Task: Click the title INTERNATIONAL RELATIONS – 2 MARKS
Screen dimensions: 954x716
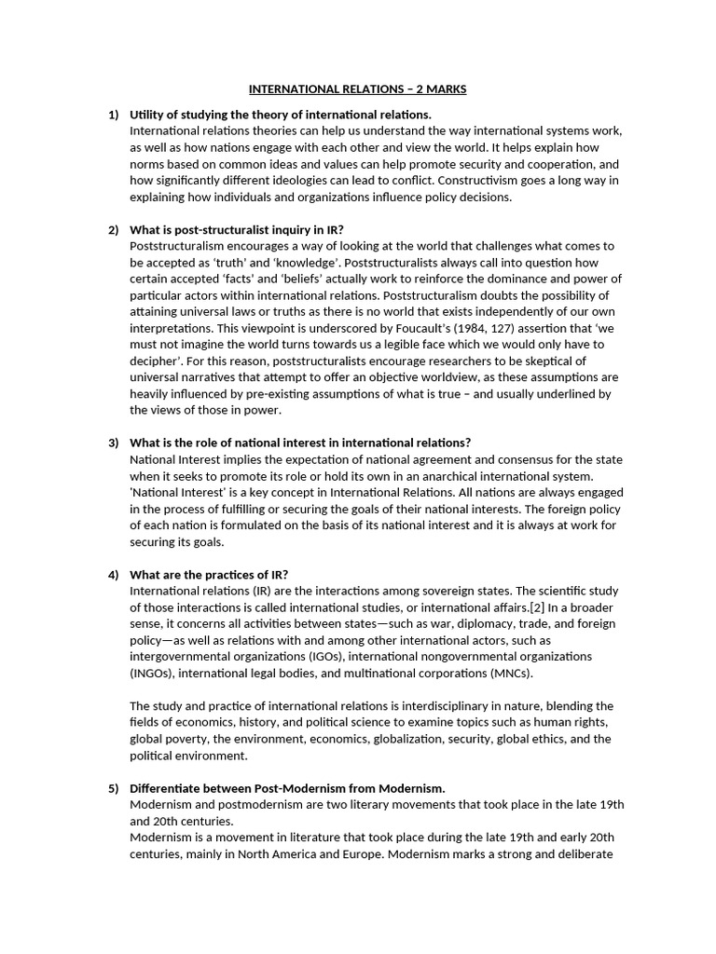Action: click(x=357, y=89)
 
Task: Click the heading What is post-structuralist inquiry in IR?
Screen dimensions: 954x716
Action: click(x=242, y=229)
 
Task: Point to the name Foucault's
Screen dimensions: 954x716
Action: click(x=379, y=328)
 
